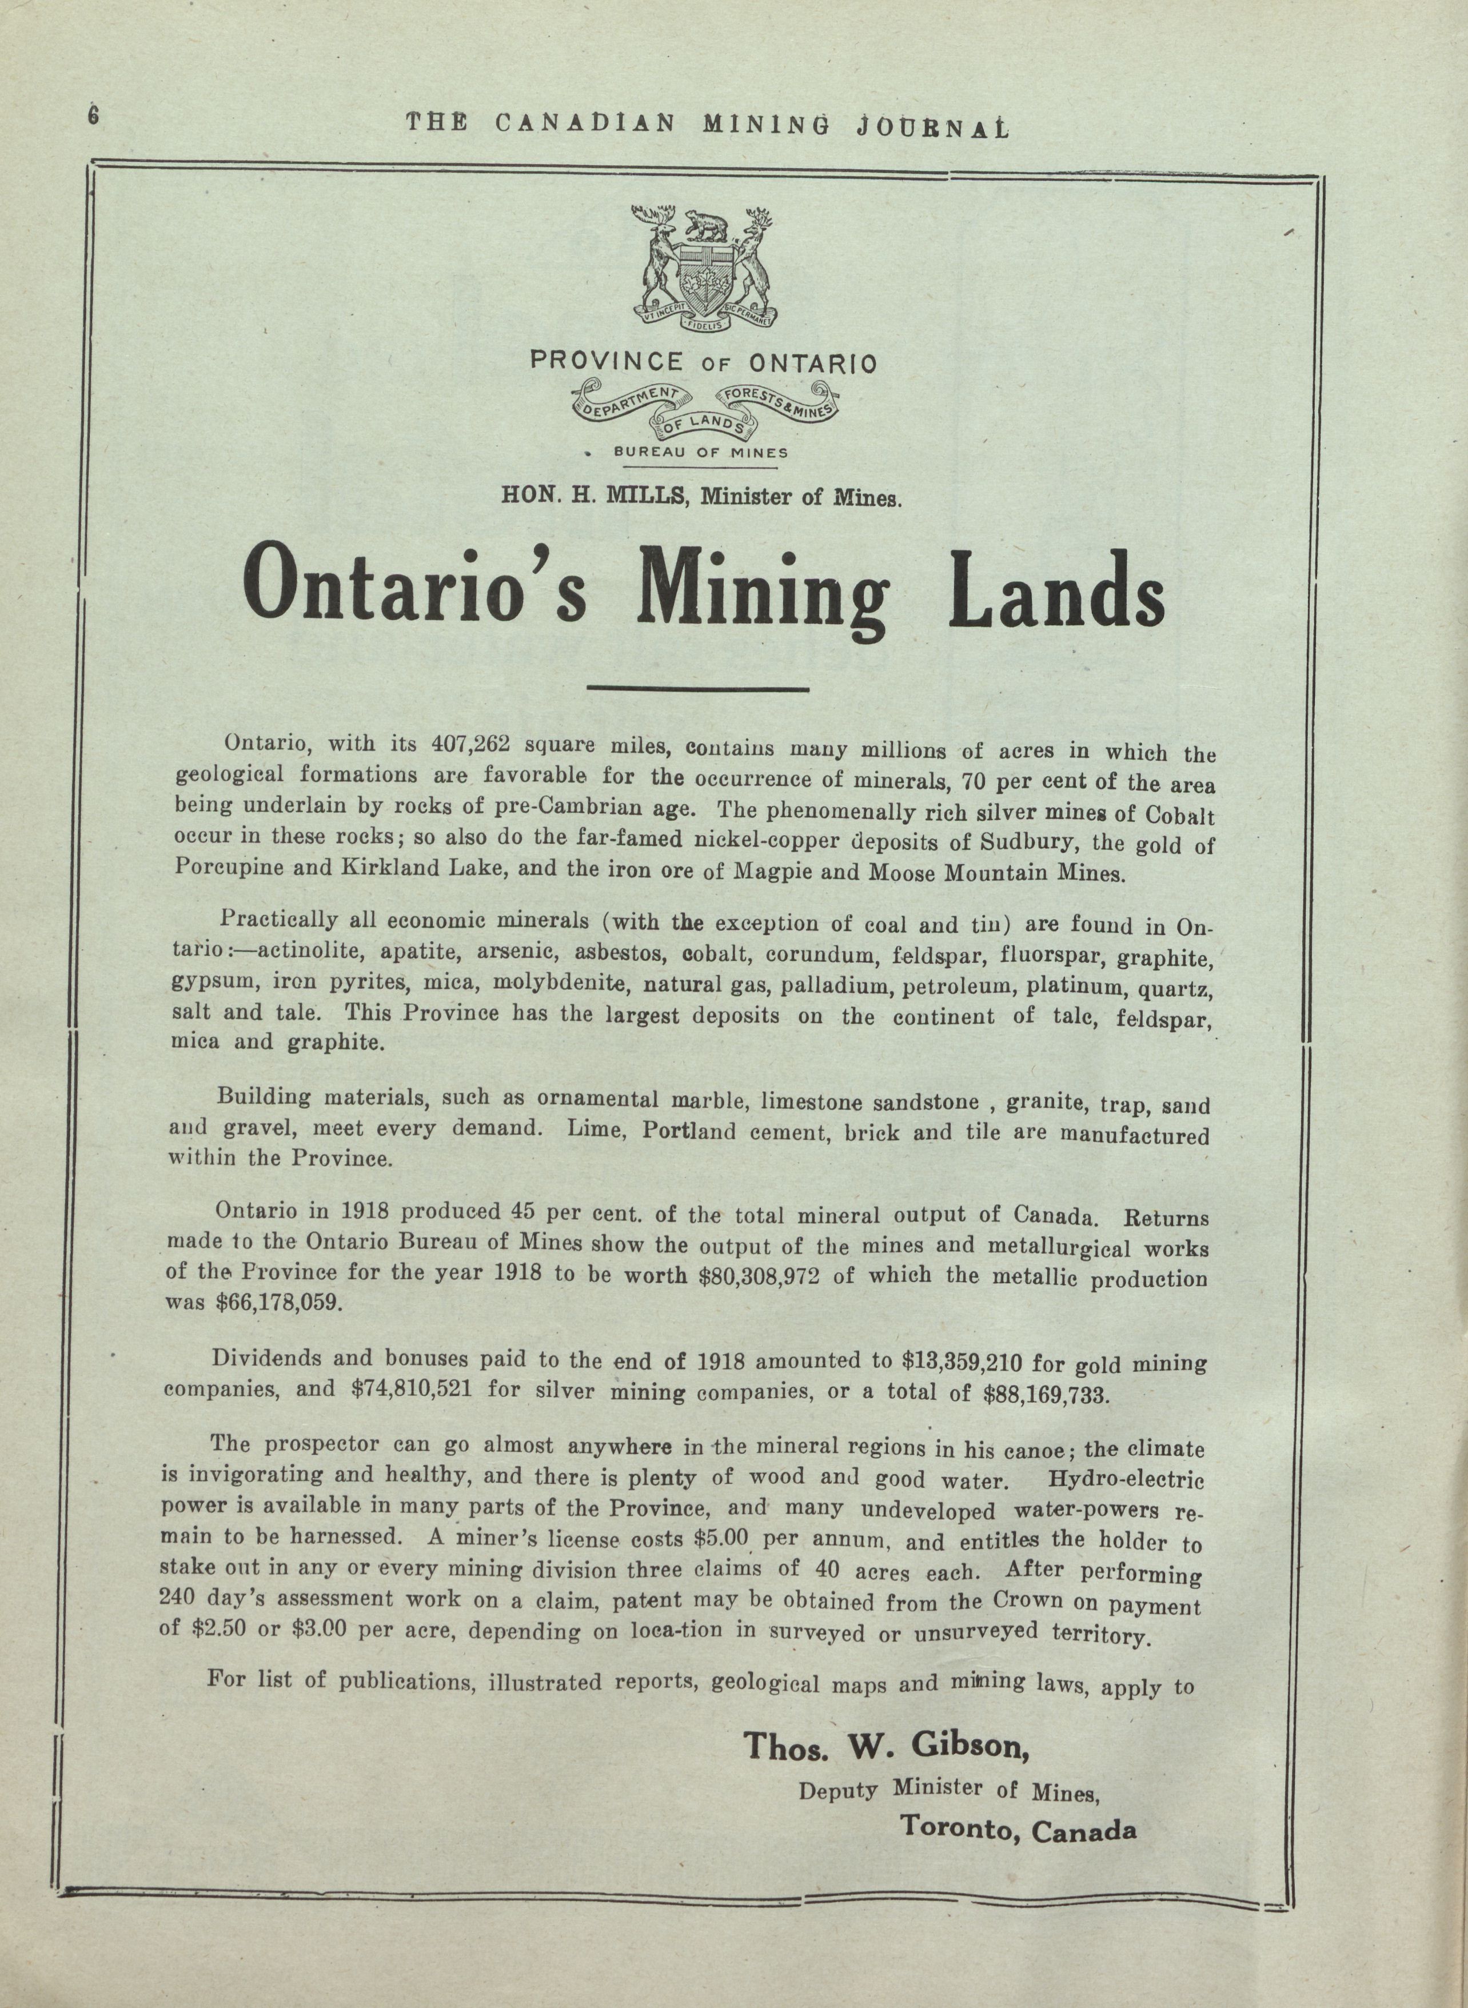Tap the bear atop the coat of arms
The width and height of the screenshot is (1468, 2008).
[x=704, y=227]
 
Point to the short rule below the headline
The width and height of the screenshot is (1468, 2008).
[x=699, y=687]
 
